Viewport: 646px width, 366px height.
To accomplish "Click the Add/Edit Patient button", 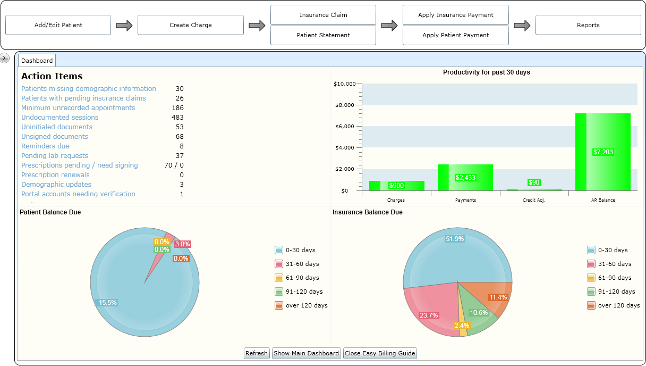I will [x=58, y=25].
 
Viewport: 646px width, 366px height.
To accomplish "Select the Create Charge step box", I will [x=191, y=25].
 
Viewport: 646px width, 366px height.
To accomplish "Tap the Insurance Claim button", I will [x=323, y=15].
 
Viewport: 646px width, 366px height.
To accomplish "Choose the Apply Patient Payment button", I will [x=456, y=35].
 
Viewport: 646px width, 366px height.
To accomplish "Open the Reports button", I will [x=588, y=25].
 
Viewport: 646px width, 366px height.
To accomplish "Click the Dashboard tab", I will [x=37, y=61].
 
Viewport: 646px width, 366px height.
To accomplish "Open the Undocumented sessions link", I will [x=59, y=118].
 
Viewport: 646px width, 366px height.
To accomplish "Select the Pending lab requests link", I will [x=55, y=156].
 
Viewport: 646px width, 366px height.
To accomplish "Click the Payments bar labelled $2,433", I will [x=465, y=177].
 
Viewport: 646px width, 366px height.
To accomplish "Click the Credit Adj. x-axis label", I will [x=534, y=200].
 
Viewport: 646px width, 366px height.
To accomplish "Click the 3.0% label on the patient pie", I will [x=182, y=244].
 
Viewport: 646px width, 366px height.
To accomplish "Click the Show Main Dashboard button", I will [x=307, y=353].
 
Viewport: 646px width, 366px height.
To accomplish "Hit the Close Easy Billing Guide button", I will [x=380, y=353].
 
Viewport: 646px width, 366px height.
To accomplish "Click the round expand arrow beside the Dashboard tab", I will [x=5, y=58].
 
